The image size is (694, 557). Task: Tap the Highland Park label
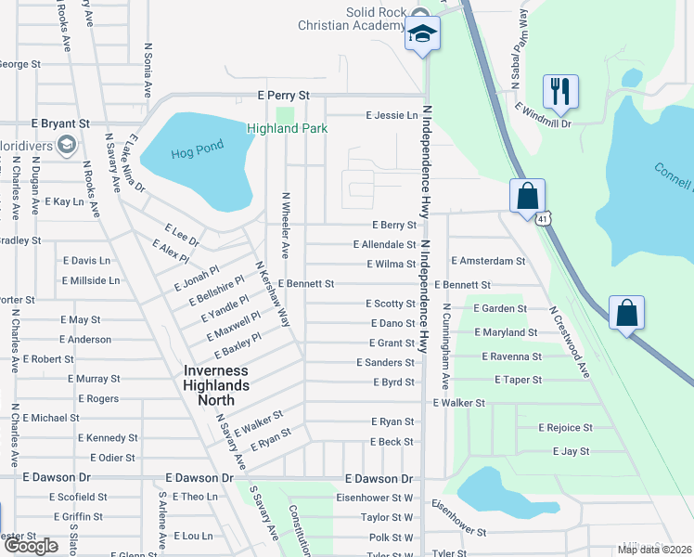point(287,128)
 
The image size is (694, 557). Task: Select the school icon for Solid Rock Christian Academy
point(422,35)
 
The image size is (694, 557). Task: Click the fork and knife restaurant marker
point(560,92)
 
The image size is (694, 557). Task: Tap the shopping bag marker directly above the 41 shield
point(527,196)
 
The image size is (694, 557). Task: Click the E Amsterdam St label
point(488,263)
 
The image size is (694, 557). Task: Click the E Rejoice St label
point(565,428)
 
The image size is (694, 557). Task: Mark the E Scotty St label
point(390,304)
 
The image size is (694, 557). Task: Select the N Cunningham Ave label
point(445,346)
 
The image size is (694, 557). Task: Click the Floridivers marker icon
point(67,145)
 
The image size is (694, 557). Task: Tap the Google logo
point(31,547)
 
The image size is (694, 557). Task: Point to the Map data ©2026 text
point(653,550)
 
